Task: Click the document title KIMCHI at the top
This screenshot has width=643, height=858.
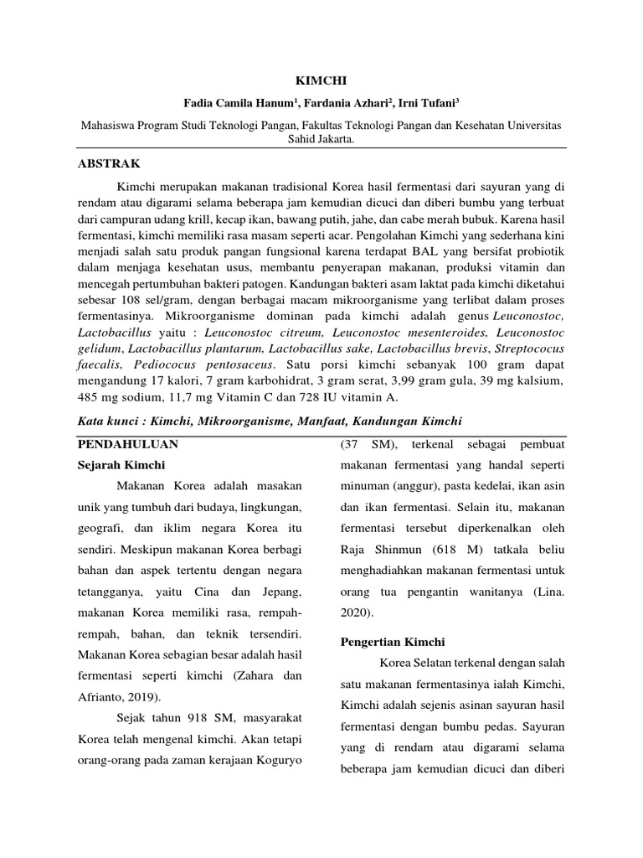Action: pos(321,80)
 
